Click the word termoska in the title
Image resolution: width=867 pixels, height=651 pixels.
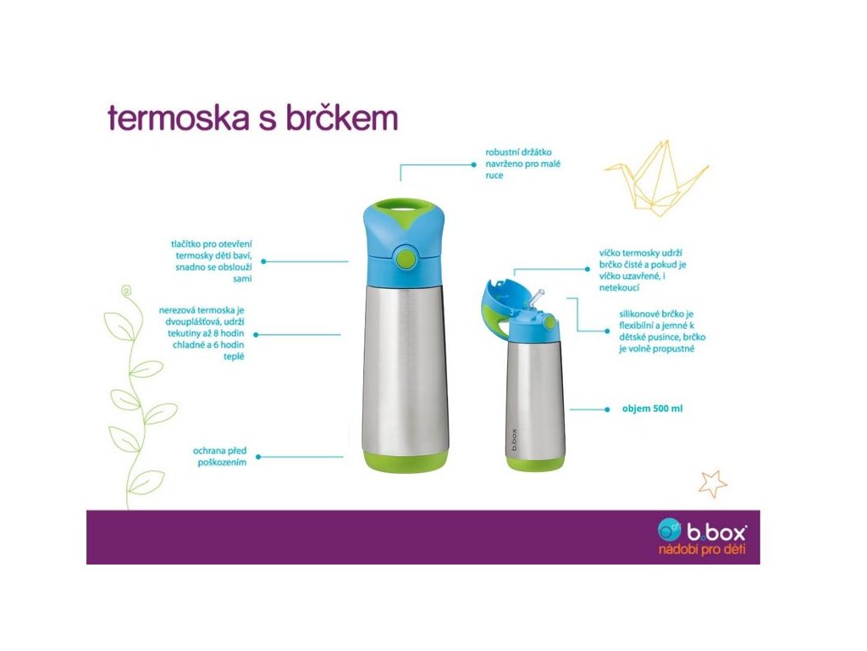tap(179, 119)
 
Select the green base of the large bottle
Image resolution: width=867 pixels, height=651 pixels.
tap(406, 462)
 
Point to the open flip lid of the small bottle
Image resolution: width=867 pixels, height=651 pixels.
tap(500, 306)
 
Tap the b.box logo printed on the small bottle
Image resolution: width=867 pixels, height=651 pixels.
tap(514, 439)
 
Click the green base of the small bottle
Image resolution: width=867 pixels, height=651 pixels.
tap(535, 465)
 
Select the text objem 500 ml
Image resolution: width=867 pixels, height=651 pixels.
tap(653, 409)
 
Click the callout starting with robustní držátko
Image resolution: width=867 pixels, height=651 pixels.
tap(523, 164)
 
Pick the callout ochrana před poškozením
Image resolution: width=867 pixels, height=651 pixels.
tap(219, 456)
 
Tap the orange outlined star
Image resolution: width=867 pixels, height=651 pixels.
tap(712, 484)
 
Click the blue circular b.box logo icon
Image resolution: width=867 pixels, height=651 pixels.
tap(669, 530)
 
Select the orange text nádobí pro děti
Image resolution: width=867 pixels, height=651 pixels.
tap(702, 549)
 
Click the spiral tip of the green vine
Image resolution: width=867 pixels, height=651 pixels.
tap(127, 290)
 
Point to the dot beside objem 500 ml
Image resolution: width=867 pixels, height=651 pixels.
tap(607, 409)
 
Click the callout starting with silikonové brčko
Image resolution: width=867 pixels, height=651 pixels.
tap(662, 331)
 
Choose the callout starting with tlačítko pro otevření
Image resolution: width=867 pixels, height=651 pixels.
tap(213, 261)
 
